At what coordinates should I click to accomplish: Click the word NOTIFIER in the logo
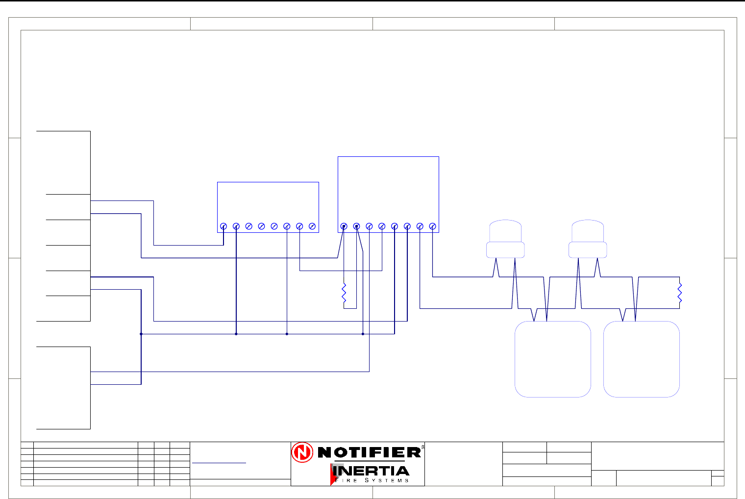pyautogui.click(x=369, y=452)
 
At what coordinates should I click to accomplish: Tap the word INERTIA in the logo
pyautogui.click(x=371, y=472)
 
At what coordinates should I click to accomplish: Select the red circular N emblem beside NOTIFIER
pyautogui.click(x=302, y=452)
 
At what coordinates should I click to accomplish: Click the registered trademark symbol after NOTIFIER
pyautogui.click(x=422, y=447)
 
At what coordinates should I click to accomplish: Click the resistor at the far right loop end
pyautogui.click(x=679, y=292)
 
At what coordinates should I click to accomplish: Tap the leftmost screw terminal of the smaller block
pyautogui.click(x=223, y=226)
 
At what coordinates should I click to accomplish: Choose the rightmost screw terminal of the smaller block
pyautogui.click(x=312, y=226)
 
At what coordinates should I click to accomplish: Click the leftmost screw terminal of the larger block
pyautogui.click(x=344, y=226)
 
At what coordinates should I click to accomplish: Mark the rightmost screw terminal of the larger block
pyautogui.click(x=432, y=226)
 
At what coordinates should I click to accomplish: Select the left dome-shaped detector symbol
pyautogui.click(x=505, y=239)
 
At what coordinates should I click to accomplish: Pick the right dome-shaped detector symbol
pyautogui.click(x=588, y=239)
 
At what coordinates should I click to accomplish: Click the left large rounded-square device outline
pyautogui.click(x=552, y=359)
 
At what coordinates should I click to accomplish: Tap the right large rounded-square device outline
pyautogui.click(x=641, y=359)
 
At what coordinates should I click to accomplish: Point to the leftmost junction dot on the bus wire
pyautogui.click(x=141, y=334)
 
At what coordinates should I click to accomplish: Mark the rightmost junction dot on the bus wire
pyautogui.click(x=363, y=334)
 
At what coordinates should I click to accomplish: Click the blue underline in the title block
pyautogui.click(x=219, y=463)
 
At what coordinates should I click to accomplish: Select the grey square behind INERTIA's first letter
pyautogui.click(x=337, y=469)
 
